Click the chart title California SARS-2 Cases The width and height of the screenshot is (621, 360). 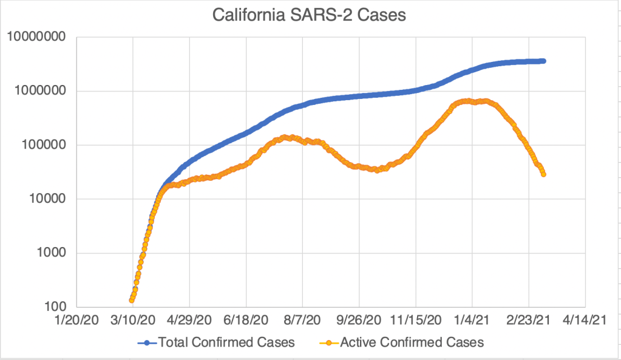pyautogui.click(x=309, y=15)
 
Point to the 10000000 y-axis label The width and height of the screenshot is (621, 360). pyautogui.click(x=36, y=38)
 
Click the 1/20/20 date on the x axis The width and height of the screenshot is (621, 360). pyautogui.click(x=76, y=319)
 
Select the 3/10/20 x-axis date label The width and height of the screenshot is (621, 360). pyautogui.click(x=133, y=319)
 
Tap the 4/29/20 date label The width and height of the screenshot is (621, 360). pyautogui.click(x=189, y=319)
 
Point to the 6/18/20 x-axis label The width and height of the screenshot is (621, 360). pyautogui.click(x=246, y=319)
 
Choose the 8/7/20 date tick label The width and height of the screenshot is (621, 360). pyautogui.click(x=302, y=319)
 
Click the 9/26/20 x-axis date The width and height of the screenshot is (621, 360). pyautogui.click(x=359, y=319)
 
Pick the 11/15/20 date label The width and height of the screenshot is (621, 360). pyautogui.click(x=416, y=319)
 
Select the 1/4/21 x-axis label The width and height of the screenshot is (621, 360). pyautogui.click(x=472, y=319)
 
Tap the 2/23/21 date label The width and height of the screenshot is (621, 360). pyautogui.click(x=529, y=319)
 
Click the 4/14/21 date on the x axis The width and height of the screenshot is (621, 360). pyautogui.click(x=585, y=319)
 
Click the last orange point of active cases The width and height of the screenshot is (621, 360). pyautogui.click(x=543, y=174)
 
